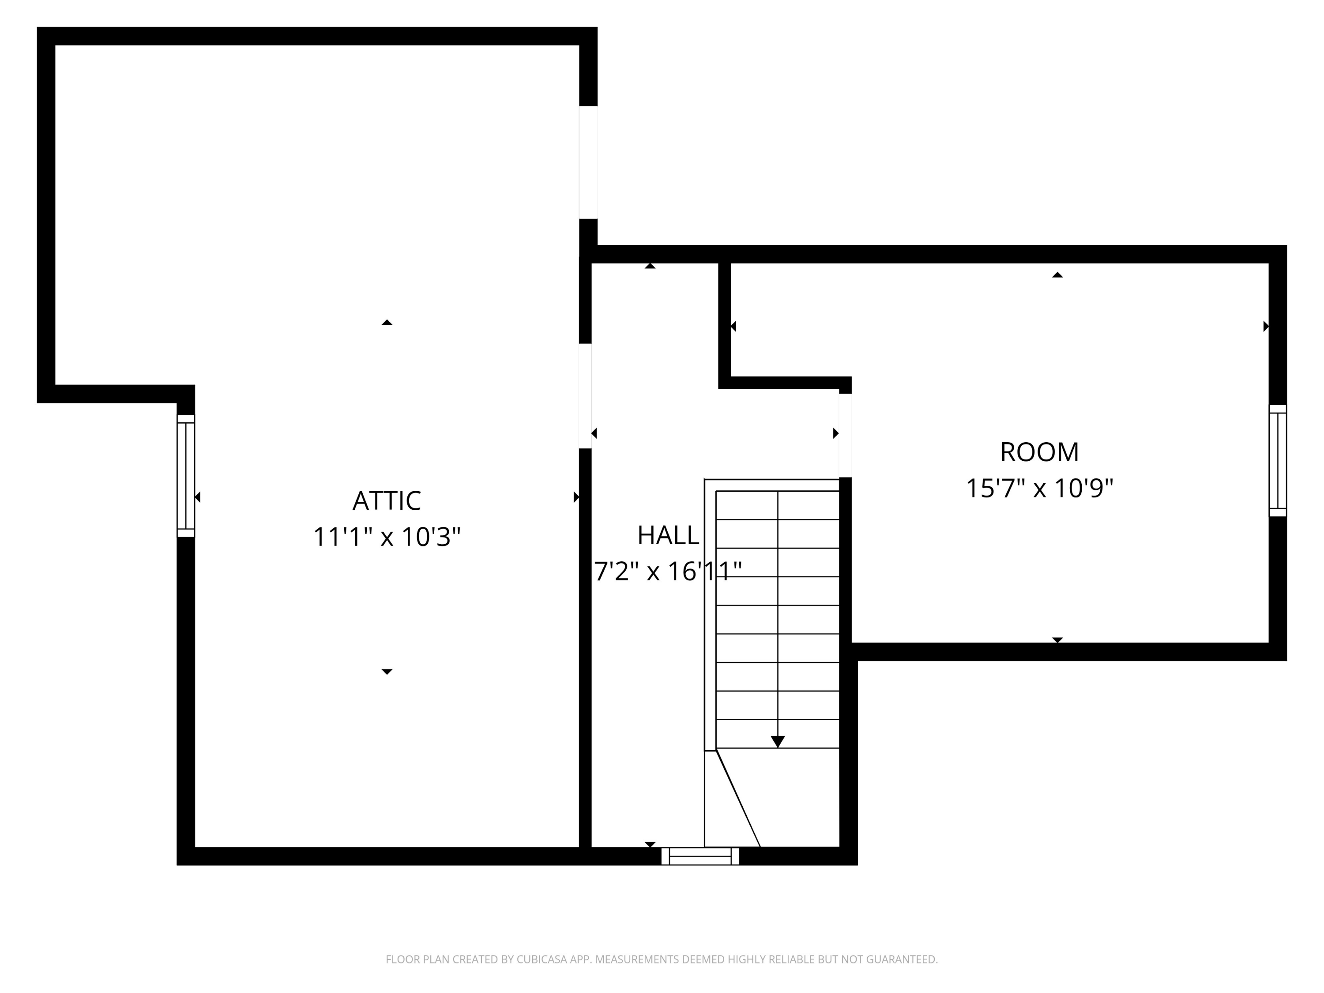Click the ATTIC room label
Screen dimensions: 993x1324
pos(387,501)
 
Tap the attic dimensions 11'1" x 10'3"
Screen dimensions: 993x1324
pos(387,537)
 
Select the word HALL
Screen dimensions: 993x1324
pos(668,535)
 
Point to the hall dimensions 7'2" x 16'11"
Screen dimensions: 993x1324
pos(668,571)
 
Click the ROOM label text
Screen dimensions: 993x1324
pos(1040,452)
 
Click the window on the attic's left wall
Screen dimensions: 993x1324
pos(185,476)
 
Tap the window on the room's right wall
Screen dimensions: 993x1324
pos(1278,460)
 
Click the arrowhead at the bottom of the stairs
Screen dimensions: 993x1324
pos(778,741)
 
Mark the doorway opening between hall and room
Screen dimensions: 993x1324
pos(845,435)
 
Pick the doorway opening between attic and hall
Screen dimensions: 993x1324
pos(585,395)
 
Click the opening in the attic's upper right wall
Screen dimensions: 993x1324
pos(588,162)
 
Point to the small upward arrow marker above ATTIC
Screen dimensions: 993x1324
pos(387,323)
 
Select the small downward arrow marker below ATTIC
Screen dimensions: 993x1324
pos(387,672)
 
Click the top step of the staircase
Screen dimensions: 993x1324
pos(778,505)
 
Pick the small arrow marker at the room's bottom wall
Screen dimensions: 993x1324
pos(1057,640)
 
